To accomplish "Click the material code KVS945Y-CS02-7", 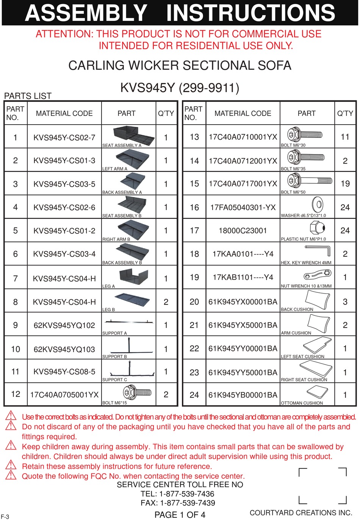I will (x=64, y=137).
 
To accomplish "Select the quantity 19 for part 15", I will (x=345, y=184).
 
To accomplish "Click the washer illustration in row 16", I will (x=317, y=205).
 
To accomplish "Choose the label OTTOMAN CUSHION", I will (x=302, y=403).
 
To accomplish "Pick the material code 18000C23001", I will (x=243, y=231).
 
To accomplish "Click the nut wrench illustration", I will (x=318, y=274).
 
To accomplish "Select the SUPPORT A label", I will (x=114, y=333).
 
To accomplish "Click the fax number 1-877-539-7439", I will (x=188, y=503).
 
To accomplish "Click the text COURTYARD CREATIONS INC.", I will (x=301, y=513).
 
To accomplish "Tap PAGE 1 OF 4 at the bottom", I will (x=180, y=515).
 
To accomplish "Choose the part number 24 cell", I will (x=194, y=395).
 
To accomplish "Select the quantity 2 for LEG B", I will (x=166, y=302).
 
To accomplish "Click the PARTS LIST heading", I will (x=28, y=96).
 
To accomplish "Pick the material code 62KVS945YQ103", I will (x=64, y=349).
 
